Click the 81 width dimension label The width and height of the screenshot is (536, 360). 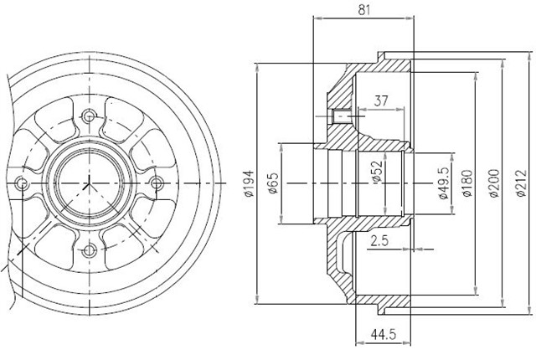point(364,9)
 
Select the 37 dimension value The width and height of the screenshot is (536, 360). point(381,100)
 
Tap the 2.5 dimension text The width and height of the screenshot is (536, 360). point(379,241)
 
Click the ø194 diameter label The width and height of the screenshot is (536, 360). point(250,183)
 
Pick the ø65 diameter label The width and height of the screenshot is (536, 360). point(274,183)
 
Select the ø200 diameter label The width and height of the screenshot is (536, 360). point(494,183)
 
